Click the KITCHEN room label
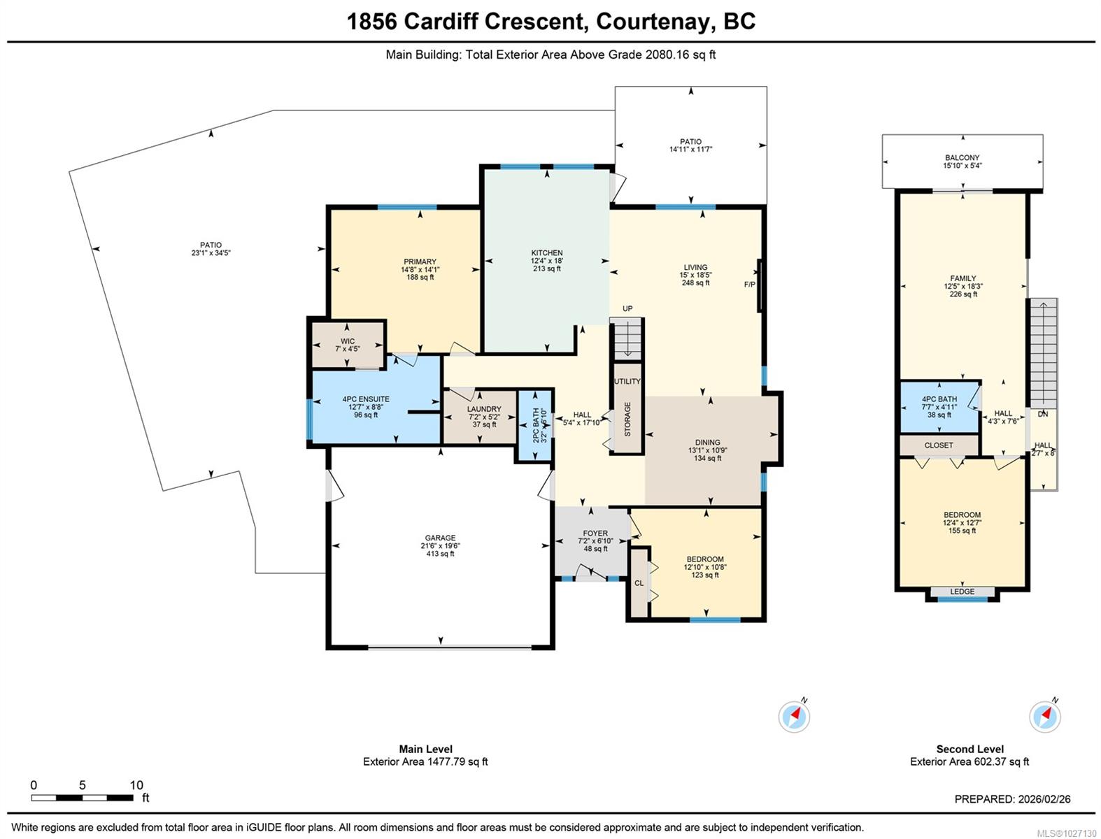[546, 253]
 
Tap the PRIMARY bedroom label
[420, 262]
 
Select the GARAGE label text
[440, 538]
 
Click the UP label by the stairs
[627, 309]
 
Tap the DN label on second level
[1042, 415]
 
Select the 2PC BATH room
[536, 425]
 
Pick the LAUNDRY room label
[484, 410]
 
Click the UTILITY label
[627, 382]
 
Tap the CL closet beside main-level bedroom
[639, 583]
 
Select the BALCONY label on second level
[962, 158]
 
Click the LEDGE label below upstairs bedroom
[962, 592]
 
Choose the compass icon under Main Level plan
[794, 716]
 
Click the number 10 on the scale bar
[136, 785]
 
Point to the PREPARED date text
[1012, 799]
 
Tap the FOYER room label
[595, 533]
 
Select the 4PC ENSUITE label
[366, 400]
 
